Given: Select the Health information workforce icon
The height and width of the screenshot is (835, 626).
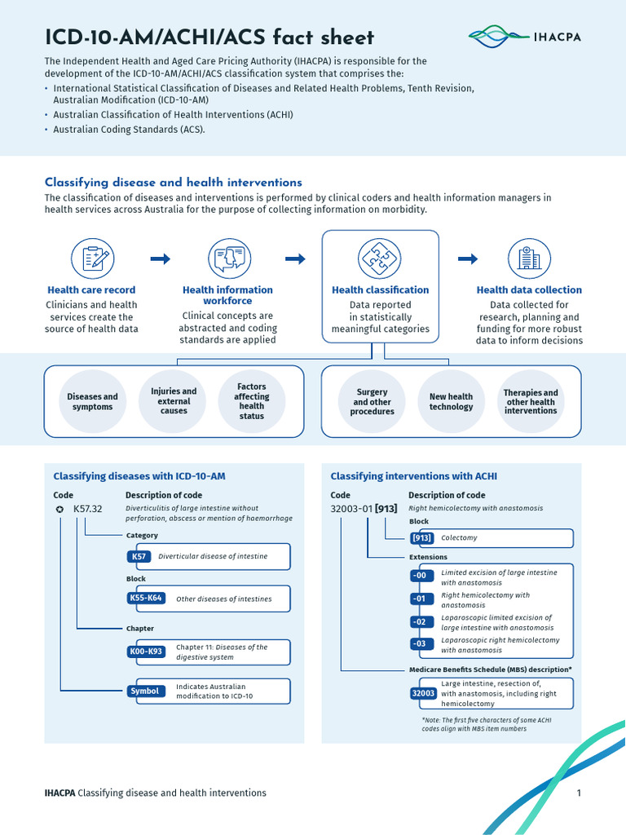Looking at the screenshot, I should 227,259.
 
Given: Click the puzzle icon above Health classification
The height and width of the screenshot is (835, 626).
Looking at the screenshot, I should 380,259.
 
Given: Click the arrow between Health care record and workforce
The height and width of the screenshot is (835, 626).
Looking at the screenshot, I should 161,259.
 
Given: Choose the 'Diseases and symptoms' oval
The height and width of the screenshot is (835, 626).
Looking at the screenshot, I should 92,401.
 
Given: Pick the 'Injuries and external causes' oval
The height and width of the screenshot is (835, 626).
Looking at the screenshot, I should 174,401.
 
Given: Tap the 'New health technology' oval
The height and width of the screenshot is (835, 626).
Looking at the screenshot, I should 451,401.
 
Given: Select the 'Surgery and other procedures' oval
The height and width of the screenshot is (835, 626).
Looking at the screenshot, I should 372,401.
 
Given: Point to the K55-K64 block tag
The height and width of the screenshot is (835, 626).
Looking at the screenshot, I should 146,599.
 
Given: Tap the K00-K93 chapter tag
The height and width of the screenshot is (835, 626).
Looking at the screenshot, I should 146,652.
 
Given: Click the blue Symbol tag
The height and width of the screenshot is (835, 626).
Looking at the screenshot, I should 144,691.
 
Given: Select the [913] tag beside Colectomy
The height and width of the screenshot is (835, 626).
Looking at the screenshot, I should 421,538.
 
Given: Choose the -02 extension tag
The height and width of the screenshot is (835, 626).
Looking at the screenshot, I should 420,622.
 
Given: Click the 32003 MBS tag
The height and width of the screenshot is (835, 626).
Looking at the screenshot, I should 423,693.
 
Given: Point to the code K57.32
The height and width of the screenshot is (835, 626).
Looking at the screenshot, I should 88,509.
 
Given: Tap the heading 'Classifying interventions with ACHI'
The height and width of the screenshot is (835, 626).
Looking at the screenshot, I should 413,476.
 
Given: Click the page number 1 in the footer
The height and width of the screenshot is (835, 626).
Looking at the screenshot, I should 578,793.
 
